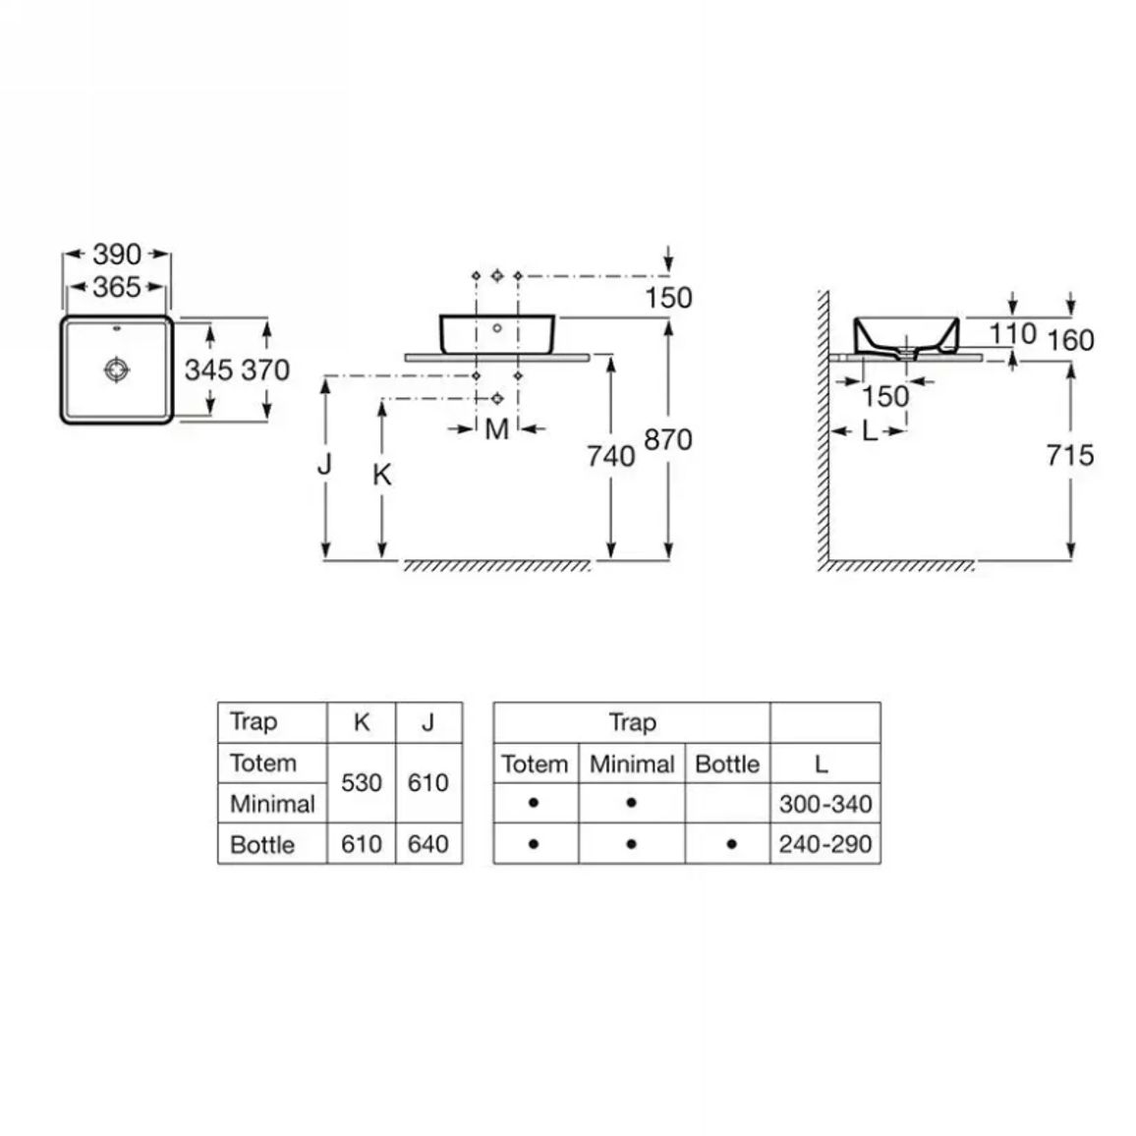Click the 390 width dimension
click(117, 255)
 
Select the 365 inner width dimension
click(117, 288)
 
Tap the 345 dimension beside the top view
click(208, 370)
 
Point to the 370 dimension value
click(266, 370)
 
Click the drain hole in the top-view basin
click(117, 369)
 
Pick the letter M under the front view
click(496, 429)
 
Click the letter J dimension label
click(324, 464)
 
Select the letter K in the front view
click(382, 476)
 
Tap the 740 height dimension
click(610, 456)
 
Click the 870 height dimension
click(668, 440)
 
